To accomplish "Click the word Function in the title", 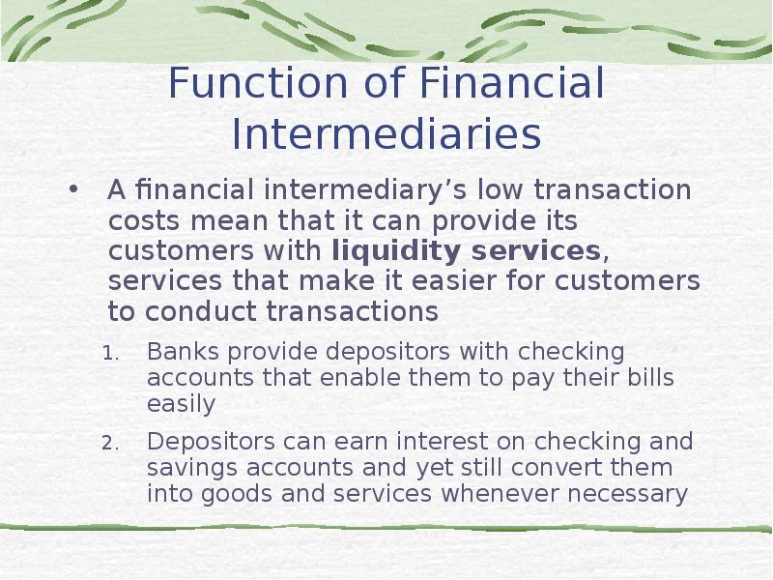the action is point(258,83).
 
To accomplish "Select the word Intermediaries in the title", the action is point(386,134).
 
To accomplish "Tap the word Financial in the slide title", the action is point(512,83).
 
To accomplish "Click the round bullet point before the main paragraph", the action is point(73,189).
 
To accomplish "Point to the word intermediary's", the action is point(365,190).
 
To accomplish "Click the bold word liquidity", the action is point(396,251).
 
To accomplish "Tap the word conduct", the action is point(201,311).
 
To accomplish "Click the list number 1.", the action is point(110,353).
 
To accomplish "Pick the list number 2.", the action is point(110,444).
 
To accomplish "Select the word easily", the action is point(181,405).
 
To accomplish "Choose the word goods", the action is point(237,495).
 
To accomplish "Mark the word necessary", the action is point(627,495).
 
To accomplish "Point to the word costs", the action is point(144,221).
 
